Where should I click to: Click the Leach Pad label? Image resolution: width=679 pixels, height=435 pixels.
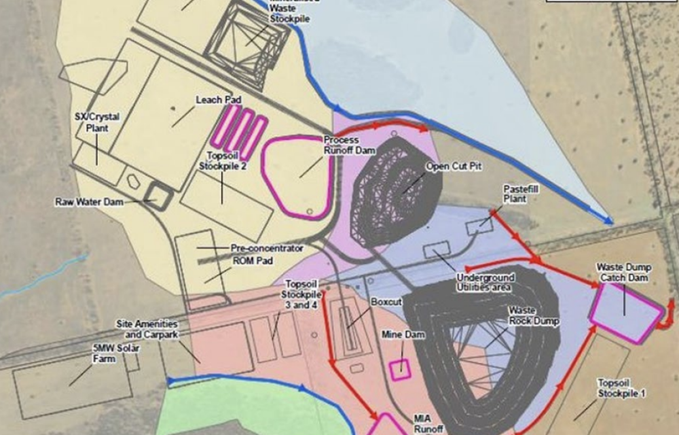pos(219,100)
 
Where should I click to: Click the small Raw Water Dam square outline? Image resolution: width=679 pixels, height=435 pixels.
pos(160,195)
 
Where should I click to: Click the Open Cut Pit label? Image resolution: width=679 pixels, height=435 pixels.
pos(453,166)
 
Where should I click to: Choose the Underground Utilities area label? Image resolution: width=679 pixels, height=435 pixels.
pos(485,283)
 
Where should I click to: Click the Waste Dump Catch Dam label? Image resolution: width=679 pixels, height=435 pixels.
pos(624,271)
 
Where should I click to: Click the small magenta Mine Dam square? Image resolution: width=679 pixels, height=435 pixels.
pos(400,368)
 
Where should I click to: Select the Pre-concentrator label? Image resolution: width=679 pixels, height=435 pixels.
pos(267,248)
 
